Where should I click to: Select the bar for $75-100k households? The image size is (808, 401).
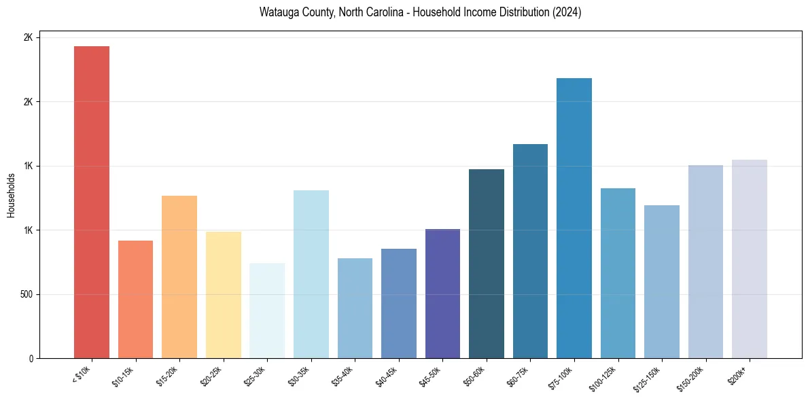point(574,218)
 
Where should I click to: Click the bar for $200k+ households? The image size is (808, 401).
point(750,259)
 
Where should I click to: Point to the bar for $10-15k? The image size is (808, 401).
point(135,299)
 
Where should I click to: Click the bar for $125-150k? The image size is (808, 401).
point(662,281)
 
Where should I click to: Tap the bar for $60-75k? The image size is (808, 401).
point(530,251)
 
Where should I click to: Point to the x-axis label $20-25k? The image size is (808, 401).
point(211,376)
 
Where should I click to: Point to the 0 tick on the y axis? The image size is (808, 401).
point(30,358)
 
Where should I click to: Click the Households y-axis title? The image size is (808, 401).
point(11,195)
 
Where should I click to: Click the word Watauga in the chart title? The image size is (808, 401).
point(277,12)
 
